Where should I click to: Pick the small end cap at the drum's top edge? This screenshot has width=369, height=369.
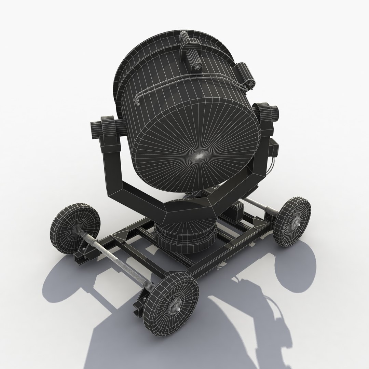pyautogui.click(x=183, y=37)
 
